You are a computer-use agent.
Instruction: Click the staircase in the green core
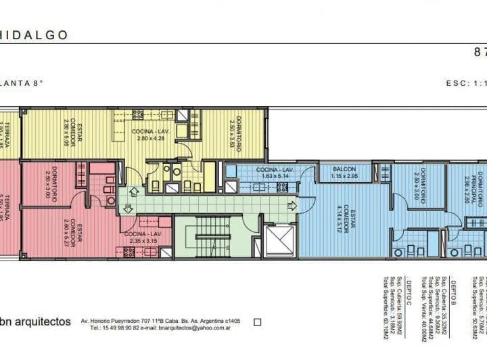[212, 238]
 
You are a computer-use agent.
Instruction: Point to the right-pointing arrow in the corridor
[291, 206]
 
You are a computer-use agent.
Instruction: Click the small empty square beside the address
[256, 322]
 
